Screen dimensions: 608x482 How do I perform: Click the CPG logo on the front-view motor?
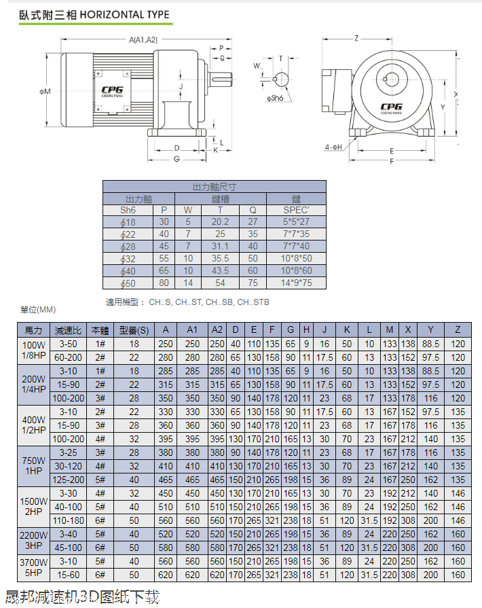pos(391,106)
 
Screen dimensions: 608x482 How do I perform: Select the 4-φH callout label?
pos(333,147)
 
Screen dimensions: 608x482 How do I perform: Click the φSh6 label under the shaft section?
pos(274,98)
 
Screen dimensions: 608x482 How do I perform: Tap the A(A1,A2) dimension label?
pos(143,40)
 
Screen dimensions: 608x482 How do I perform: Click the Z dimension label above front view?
pos(356,38)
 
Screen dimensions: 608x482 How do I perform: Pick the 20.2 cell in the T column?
pos(220,222)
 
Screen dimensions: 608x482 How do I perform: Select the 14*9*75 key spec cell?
pos(296,283)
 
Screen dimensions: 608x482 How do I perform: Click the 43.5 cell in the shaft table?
pos(220,271)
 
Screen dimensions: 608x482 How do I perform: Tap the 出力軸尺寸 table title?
pos(215,186)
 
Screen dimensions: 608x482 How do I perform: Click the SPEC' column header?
pos(296,210)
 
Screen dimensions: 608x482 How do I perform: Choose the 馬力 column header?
pos(34,331)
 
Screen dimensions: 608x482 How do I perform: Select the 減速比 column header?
pos(68,331)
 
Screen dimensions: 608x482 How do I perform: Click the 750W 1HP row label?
pos(34,466)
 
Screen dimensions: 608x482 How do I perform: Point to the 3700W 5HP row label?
pos(34,568)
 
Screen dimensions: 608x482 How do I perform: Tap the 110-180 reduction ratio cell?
pos(68,520)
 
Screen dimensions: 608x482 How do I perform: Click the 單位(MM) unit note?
pos(38,310)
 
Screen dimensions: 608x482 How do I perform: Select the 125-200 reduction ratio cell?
pos(68,480)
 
